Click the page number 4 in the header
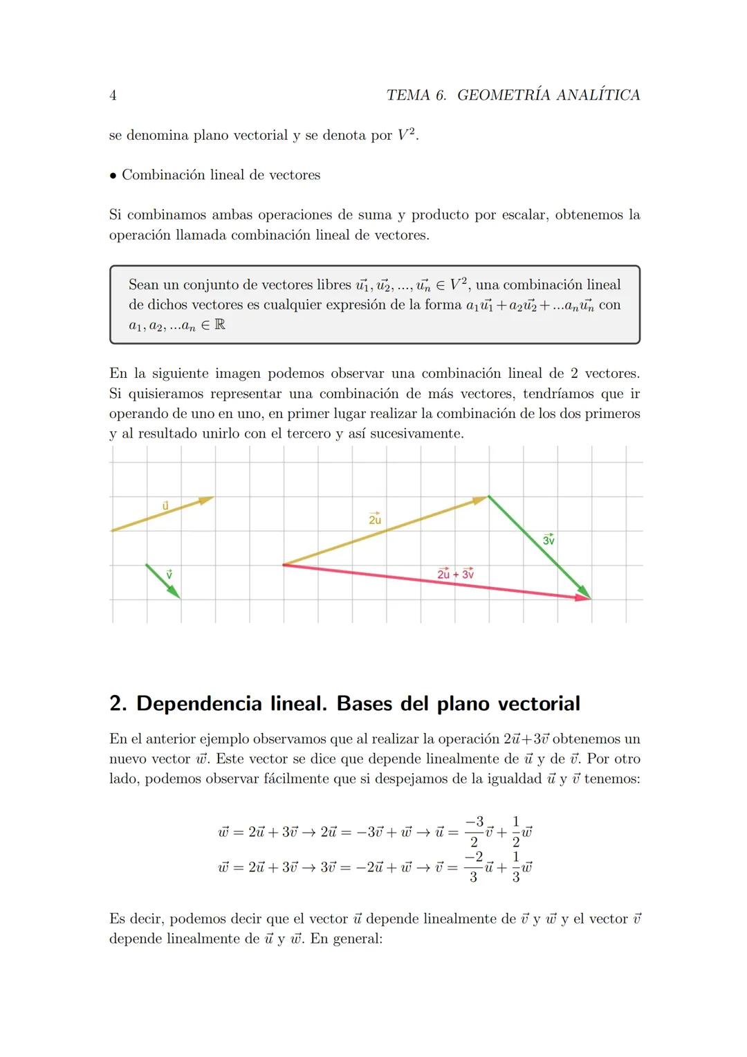113,96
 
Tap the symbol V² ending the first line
407,135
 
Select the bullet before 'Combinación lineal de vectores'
113,175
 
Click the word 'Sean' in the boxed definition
143,284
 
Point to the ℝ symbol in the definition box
219,325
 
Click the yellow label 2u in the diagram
375,518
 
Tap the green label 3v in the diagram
548,539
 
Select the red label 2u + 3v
456,574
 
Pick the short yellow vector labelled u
162,514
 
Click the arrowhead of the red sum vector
583,597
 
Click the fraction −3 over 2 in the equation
474,831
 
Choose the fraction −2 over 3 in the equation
473,867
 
